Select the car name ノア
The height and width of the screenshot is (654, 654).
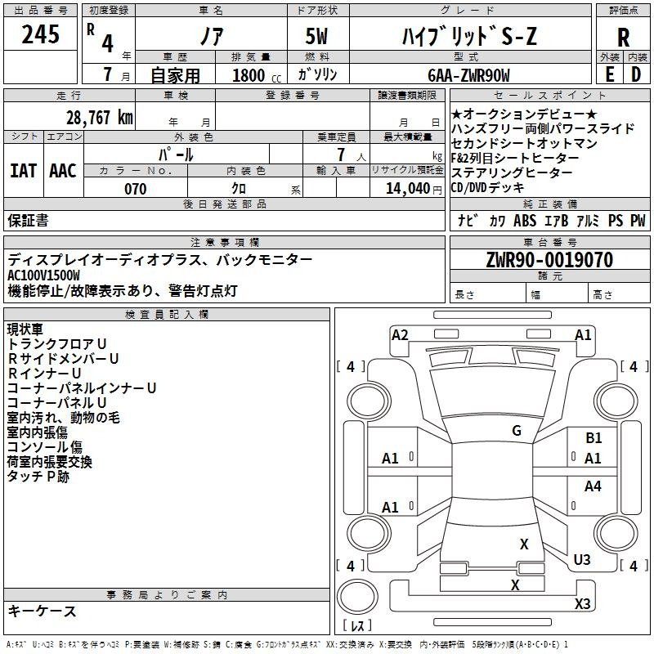point(211,37)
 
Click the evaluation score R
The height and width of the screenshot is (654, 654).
point(623,38)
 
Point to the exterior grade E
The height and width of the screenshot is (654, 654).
point(609,74)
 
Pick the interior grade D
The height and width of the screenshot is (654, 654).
point(636,74)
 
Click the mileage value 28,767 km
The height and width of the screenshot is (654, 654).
point(99,117)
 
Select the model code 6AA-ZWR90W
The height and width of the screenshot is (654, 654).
point(468,75)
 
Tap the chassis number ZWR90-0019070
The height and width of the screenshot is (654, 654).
point(549,260)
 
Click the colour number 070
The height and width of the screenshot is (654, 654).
point(135,189)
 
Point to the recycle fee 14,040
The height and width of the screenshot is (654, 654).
point(410,189)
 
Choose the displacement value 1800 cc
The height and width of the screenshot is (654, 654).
point(252,75)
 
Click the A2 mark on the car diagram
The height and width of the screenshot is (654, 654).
point(400,334)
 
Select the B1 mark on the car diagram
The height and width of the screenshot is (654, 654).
point(594,439)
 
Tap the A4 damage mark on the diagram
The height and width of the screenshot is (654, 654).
point(593,486)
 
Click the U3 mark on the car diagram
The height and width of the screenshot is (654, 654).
point(582,560)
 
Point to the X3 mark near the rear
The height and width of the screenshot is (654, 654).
point(582,603)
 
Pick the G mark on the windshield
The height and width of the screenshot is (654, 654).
point(516,431)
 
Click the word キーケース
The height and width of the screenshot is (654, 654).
point(43,611)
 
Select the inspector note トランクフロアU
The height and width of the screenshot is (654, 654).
point(57,344)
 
